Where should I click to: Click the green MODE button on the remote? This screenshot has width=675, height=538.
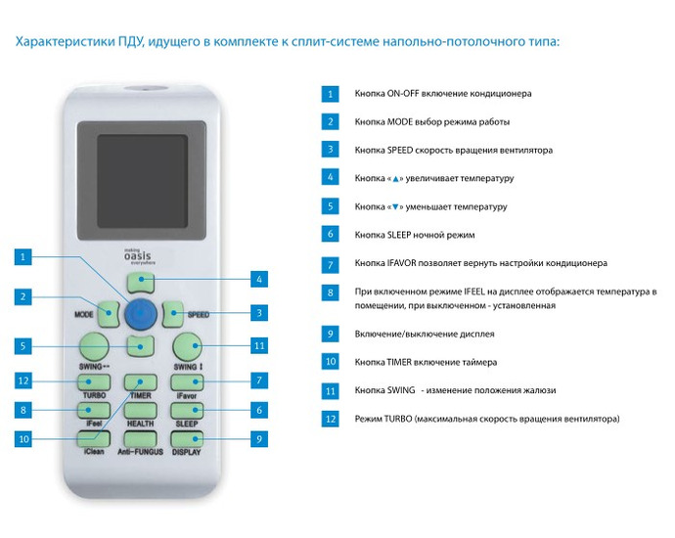(108, 313)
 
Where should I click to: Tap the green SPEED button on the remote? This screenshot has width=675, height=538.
(173, 313)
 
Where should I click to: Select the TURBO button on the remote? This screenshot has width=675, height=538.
(93, 381)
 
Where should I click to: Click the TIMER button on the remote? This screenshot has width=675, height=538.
(140, 381)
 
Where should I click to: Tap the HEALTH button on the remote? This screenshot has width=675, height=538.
(140, 411)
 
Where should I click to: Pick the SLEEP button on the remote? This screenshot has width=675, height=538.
(187, 411)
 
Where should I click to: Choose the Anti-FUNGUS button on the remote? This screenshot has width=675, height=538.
(140, 439)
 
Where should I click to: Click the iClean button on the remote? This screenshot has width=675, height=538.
(93, 439)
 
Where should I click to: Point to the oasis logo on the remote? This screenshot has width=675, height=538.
(139, 256)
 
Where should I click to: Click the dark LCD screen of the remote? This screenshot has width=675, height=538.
(142, 181)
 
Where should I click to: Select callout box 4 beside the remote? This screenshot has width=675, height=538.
(259, 279)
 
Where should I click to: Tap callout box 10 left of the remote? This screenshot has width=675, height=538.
(23, 439)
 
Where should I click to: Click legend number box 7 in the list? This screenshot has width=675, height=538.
(331, 265)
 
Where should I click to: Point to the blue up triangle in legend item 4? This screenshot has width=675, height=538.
(395, 179)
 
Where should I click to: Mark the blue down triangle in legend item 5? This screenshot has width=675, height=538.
(395, 207)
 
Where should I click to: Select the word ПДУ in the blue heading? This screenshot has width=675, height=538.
(131, 42)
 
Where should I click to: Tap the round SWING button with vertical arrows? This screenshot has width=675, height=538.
(188, 346)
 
